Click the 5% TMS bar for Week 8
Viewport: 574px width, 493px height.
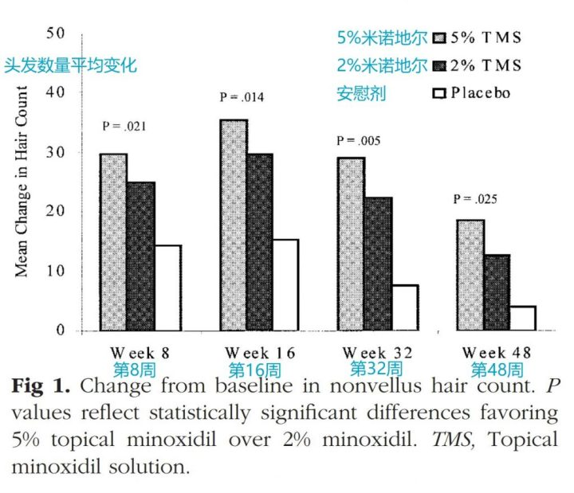(113, 242)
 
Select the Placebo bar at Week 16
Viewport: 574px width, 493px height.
(285, 284)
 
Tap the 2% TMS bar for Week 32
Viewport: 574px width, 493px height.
(378, 264)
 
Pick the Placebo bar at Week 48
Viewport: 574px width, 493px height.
(522, 318)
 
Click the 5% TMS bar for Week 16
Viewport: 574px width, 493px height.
(233, 225)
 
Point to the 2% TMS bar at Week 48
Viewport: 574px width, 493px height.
(496, 292)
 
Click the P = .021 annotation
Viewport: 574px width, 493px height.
(124, 126)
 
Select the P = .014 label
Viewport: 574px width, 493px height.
(242, 98)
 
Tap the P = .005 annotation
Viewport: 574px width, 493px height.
(359, 140)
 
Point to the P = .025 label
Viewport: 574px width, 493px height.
(476, 199)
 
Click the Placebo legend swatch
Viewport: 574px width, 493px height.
(438, 93)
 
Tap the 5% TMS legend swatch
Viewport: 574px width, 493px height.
(438, 37)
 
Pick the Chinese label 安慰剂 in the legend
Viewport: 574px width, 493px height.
(360, 94)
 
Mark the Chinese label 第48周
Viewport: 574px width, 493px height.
(497, 370)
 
